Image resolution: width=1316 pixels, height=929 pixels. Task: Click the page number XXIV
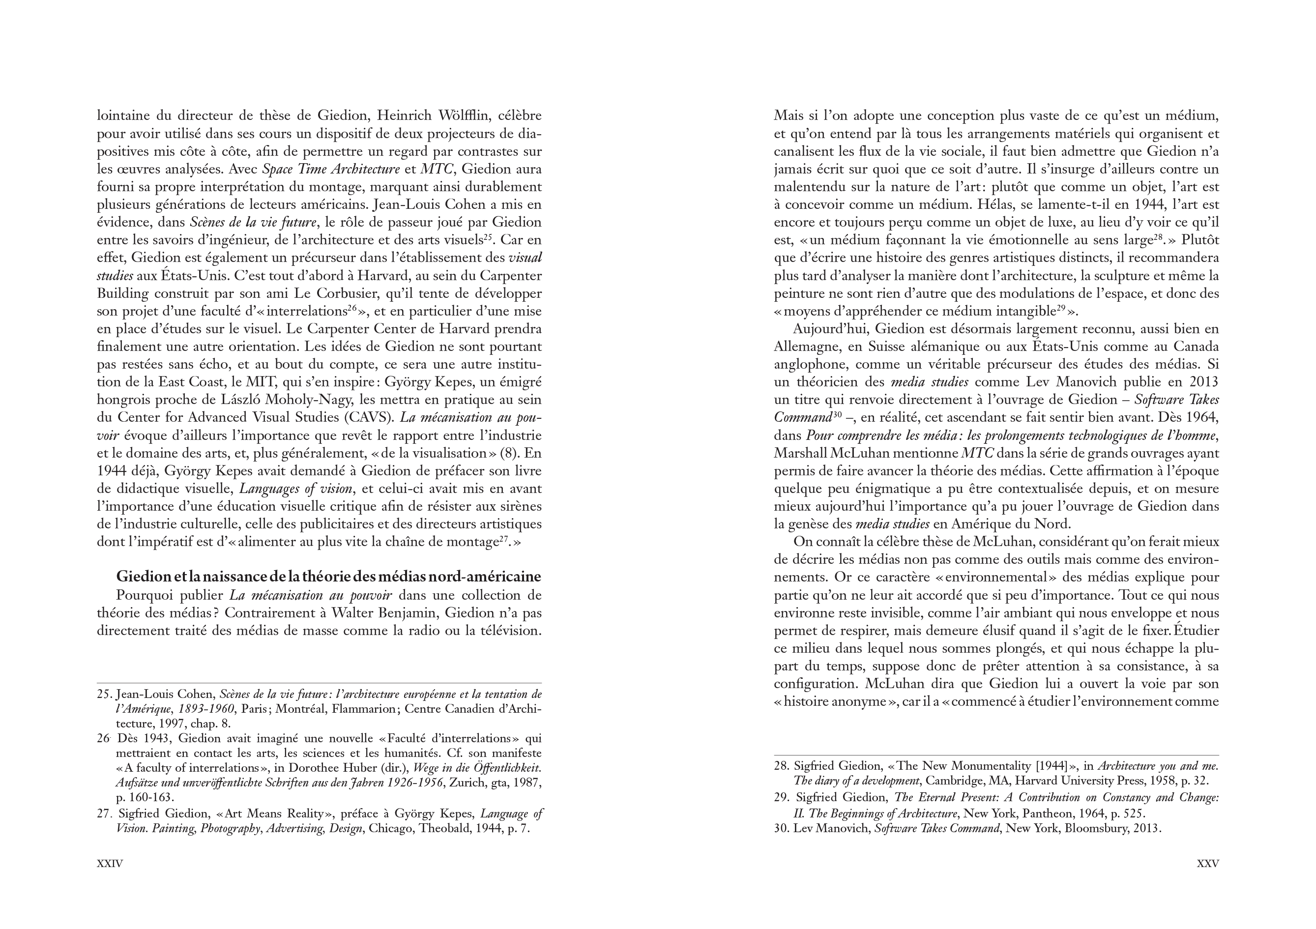(110, 863)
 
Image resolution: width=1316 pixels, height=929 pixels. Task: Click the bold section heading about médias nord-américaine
(328, 577)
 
